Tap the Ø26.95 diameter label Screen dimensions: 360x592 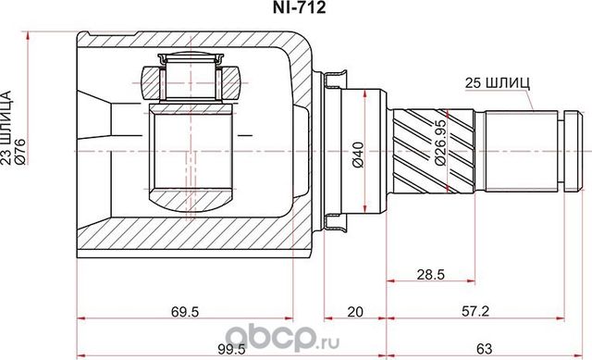[x=441, y=148]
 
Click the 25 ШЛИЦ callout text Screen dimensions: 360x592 [x=499, y=81]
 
